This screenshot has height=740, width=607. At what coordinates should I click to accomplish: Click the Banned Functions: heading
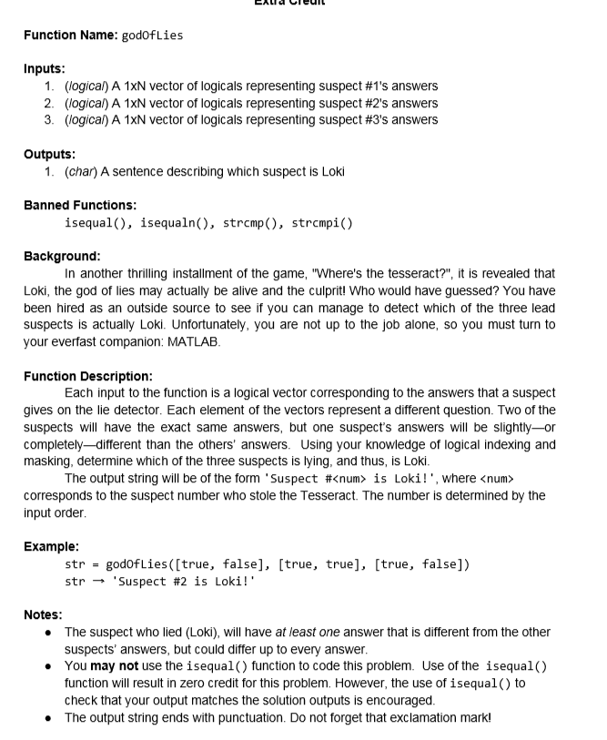point(80,205)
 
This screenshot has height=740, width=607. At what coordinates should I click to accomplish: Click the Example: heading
point(51,546)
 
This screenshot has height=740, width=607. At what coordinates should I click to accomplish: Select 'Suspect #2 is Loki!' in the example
point(174,581)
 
